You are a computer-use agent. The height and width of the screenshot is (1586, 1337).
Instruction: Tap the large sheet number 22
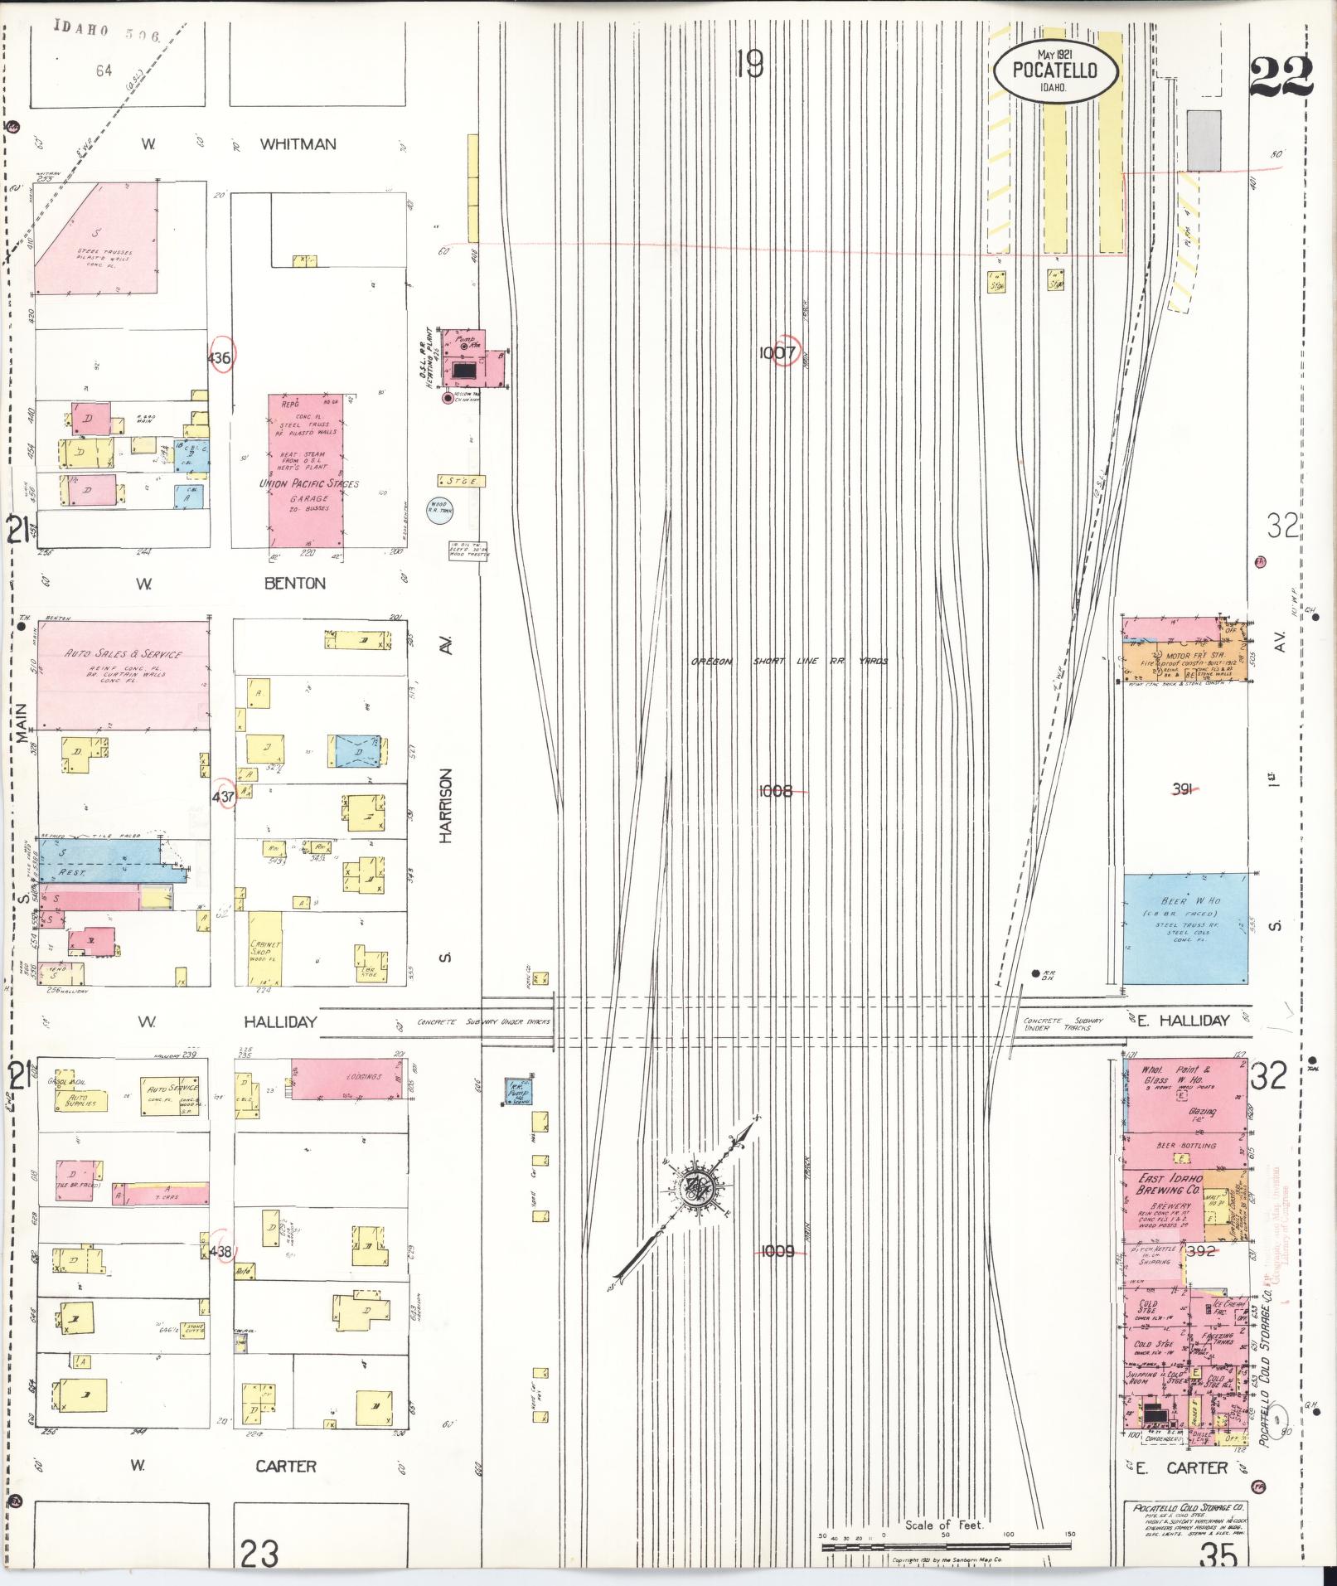tap(1281, 77)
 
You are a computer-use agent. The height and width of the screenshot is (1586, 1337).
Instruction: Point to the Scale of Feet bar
tap(945, 1546)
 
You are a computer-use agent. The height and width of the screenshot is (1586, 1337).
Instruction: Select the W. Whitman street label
tap(240, 144)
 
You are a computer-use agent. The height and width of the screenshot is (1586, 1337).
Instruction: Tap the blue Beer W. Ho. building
tap(1185, 928)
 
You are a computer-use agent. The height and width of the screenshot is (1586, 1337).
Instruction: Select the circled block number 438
tap(221, 1251)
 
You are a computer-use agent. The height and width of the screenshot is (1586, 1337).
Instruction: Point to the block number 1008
tap(776, 792)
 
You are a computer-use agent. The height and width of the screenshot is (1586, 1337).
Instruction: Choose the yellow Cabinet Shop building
tap(266, 948)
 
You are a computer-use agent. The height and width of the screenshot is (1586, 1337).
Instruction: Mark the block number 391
tap(1182, 790)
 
